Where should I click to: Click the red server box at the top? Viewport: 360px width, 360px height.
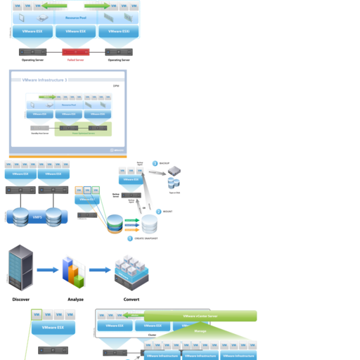tap(76, 52)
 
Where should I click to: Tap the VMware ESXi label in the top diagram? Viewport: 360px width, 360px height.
tap(114, 31)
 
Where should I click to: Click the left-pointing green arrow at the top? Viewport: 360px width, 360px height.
tap(52, 6)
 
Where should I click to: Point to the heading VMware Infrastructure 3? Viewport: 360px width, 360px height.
tap(46, 81)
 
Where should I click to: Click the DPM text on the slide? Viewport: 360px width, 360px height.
tap(116, 86)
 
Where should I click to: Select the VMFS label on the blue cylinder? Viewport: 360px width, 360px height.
tap(37, 217)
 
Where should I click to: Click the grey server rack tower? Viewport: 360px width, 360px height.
tap(20, 267)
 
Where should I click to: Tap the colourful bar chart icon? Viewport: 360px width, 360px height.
tap(72, 271)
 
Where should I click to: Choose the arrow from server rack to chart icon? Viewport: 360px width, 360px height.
tap(46, 270)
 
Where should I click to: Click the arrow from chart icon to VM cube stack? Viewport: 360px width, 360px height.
tap(99, 270)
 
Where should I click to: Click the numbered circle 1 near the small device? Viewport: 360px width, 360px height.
tap(155, 163)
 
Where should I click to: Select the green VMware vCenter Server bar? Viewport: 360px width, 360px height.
tap(200, 316)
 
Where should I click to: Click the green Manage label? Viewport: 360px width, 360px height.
tap(200, 330)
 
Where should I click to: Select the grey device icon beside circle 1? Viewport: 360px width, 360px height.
tap(174, 169)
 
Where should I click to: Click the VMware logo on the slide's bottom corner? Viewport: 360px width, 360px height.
tap(117, 149)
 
